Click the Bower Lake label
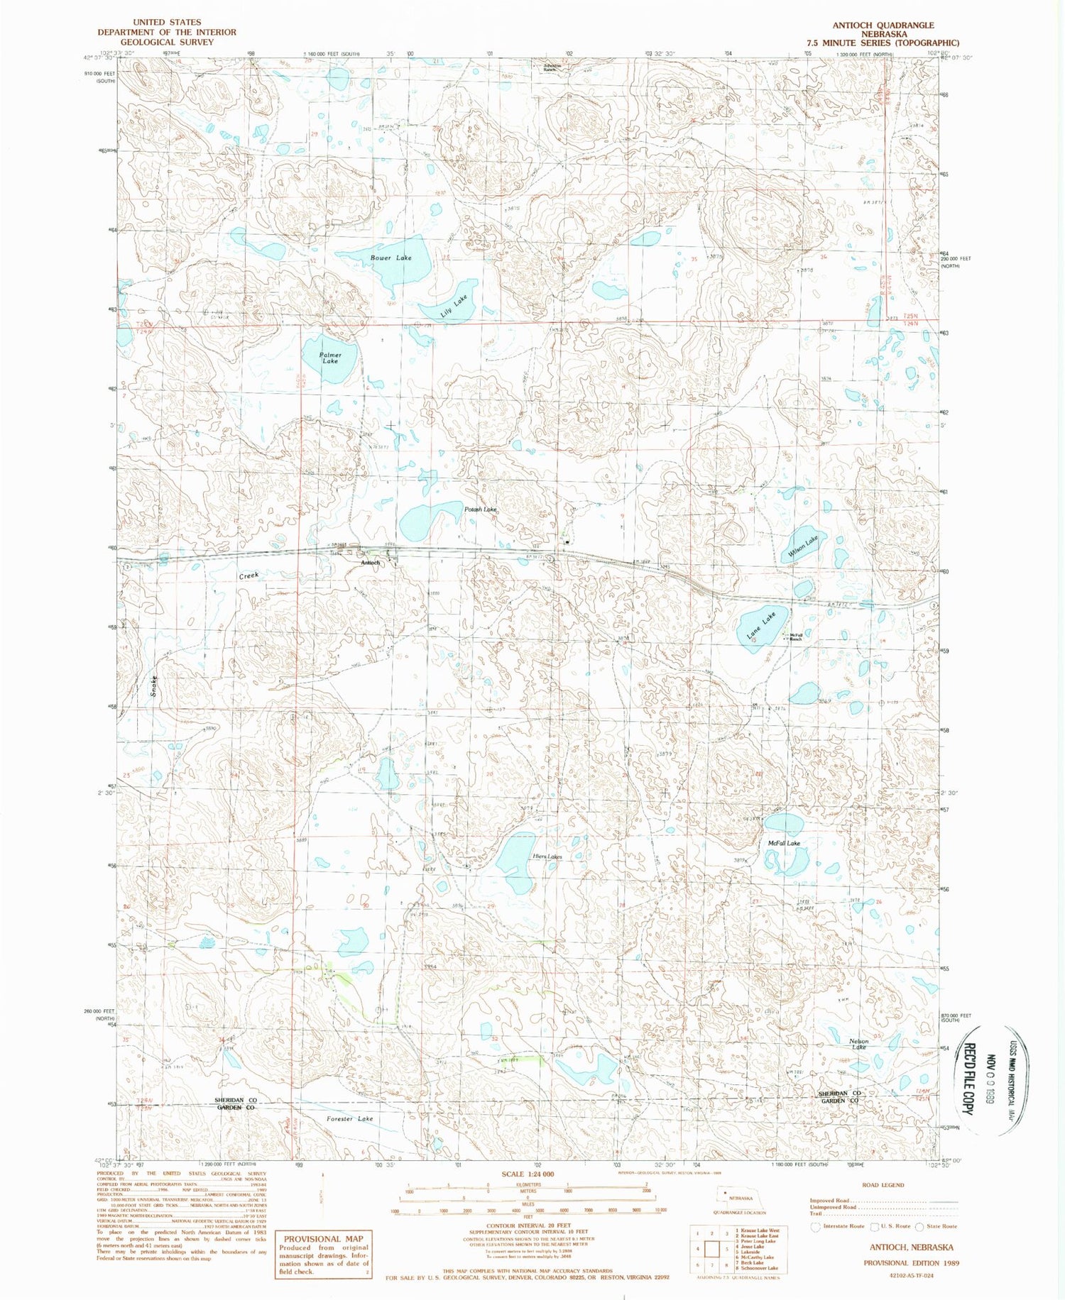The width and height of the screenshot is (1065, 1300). click(x=390, y=258)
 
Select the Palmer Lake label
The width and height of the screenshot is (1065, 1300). click(x=329, y=358)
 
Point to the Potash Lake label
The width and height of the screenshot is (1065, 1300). click(x=480, y=509)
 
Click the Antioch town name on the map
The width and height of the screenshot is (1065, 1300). click(x=371, y=563)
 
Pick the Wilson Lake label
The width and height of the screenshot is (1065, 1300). click(x=803, y=546)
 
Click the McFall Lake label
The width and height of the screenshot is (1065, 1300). click(x=784, y=843)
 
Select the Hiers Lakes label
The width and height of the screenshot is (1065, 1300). click(x=547, y=856)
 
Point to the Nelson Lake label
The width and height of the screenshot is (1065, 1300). click(x=859, y=1044)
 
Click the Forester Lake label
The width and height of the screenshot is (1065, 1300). click(x=349, y=1118)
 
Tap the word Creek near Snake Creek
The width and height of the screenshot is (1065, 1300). click(x=248, y=575)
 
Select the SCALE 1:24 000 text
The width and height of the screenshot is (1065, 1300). click(x=527, y=1174)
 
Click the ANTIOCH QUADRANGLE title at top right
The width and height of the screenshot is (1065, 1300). click(x=883, y=25)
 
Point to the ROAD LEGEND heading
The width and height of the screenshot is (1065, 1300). click(x=883, y=1184)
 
